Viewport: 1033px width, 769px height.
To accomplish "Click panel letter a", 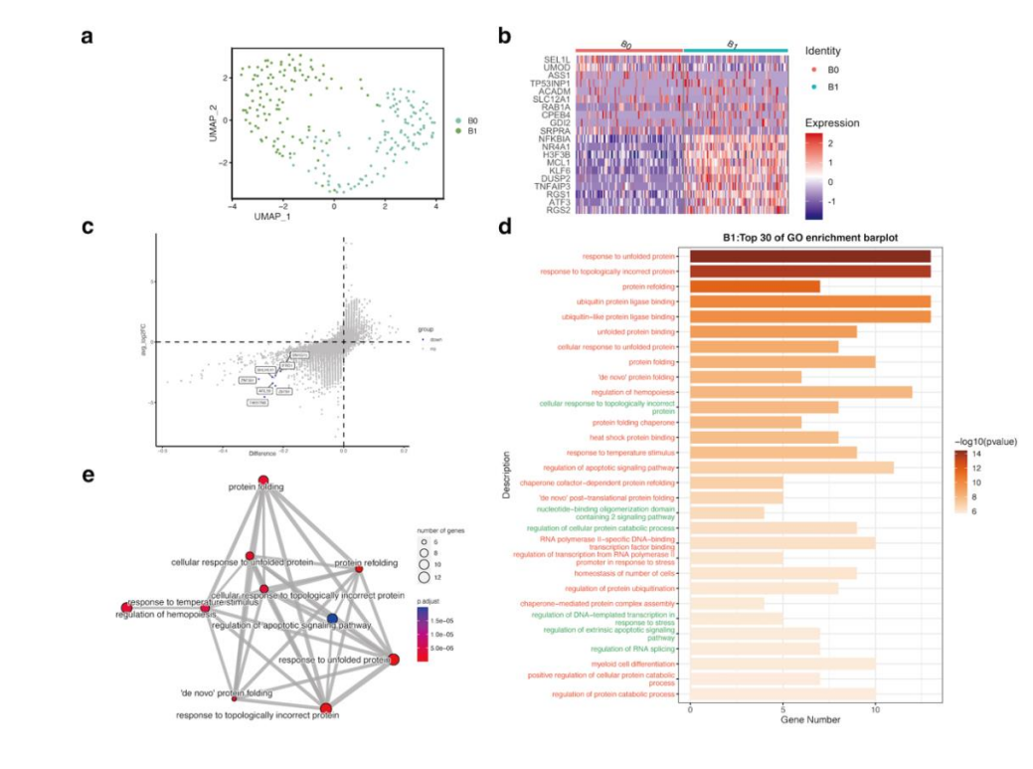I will tap(87, 37).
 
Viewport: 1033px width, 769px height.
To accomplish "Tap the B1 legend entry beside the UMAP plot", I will tap(472, 130).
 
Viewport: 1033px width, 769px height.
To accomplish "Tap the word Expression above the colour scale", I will tap(832, 123).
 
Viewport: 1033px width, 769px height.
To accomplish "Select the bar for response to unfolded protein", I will tap(809, 256).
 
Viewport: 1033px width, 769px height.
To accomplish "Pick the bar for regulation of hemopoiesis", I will tap(800, 392).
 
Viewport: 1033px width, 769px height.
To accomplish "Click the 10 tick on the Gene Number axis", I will tap(875, 707).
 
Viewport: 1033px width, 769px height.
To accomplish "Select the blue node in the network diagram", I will tap(332, 619).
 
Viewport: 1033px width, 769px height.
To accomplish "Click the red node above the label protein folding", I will tap(263, 480).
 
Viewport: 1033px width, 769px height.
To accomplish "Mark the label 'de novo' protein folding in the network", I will tap(226, 692).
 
